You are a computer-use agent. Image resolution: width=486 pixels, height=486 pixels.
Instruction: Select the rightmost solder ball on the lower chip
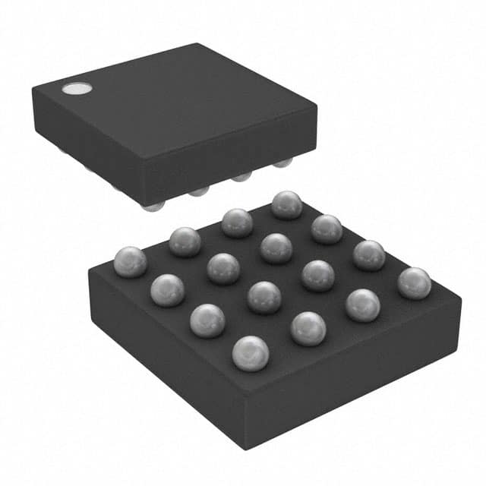coord(414,282)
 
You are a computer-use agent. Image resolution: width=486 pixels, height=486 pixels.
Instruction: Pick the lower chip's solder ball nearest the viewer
coord(250,353)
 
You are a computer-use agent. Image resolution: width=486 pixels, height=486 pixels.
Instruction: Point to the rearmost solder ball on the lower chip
coord(286,204)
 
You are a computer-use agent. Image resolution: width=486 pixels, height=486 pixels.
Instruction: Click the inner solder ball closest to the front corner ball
coord(264,297)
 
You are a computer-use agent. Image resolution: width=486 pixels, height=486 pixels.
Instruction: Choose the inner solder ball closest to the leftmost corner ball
coord(223,268)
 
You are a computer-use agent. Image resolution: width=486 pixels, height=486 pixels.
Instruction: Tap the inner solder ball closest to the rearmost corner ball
coord(276,248)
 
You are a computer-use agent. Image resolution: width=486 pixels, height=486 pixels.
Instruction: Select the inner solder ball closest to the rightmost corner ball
coord(317,275)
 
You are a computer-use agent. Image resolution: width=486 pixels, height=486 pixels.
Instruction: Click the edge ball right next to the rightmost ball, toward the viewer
coord(362,305)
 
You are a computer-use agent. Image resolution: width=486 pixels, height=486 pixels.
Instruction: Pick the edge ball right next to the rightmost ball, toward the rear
coord(368,254)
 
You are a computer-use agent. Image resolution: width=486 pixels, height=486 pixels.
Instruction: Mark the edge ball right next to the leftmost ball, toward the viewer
coord(168,289)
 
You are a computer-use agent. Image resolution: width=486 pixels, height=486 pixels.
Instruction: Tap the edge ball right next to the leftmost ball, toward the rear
coord(185,241)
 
